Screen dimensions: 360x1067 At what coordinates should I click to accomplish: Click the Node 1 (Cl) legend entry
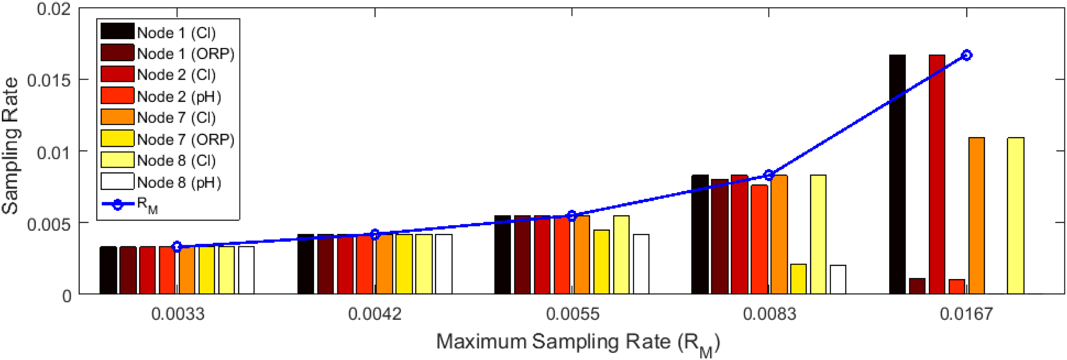pyautogui.click(x=176, y=33)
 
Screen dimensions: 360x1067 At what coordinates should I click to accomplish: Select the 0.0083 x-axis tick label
pyautogui.click(x=769, y=314)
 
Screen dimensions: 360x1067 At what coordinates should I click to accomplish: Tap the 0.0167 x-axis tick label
pyautogui.click(x=966, y=314)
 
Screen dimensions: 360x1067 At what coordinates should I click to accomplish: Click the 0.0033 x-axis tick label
pyautogui.click(x=178, y=314)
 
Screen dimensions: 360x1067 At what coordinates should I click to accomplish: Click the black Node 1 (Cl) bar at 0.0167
pyautogui.click(x=897, y=174)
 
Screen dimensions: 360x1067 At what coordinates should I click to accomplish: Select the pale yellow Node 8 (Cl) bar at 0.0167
pyautogui.click(x=1016, y=216)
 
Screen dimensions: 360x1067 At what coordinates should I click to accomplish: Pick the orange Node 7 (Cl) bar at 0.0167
pyautogui.click(x=976, y=216)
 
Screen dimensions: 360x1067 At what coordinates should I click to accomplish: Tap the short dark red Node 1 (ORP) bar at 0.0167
pyautogui.click(x=917, y=286)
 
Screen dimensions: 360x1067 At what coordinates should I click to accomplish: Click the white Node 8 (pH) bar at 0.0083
pyautogui.click(x=838, y=280)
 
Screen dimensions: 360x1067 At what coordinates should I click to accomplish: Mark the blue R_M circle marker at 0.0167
pyautogui.click(x=966, y=55)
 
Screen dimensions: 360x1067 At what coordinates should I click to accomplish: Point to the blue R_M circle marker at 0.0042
pyautogui.click(x=375, y=235)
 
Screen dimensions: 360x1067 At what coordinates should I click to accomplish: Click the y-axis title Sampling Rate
pyautogui.click(x=10, y=146)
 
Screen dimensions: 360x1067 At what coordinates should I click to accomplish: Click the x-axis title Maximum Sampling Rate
pyautogui.click(x=578, y=343)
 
